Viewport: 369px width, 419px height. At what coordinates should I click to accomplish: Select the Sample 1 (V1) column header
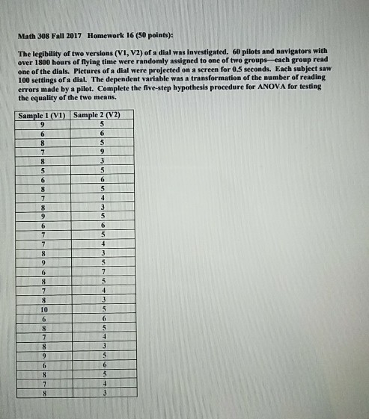(41, 115)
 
